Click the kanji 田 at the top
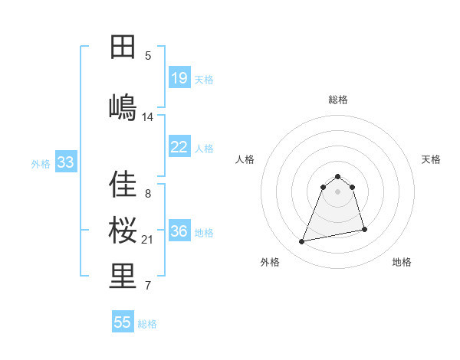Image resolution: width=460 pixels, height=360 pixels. (x=123, y=47)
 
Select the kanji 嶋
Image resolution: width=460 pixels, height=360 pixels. (x=123, y=106)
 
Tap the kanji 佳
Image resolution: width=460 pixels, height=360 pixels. (x=123, y=185)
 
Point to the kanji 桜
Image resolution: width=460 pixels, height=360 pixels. (x=123, y=230)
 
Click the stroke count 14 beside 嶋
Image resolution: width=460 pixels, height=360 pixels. (x=148, y=117)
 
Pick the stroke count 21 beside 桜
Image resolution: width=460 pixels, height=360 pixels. (x=148, y=240)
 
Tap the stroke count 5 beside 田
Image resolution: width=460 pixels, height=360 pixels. (x=148, y=55)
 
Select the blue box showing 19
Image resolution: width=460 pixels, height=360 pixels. (x=179, y=77)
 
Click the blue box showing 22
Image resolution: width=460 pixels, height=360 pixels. (x=179, y=147)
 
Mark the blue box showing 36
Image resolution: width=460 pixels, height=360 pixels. (x=179, y=231)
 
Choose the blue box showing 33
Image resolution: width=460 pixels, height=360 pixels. (x=66, y=162)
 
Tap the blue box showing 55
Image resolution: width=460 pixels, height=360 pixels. (x=123, y=322)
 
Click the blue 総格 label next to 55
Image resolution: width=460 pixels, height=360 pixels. (x=147, y=324)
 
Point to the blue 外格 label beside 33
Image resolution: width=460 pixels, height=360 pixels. (x=41, y=163)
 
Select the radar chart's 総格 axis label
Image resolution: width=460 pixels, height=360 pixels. (x=337, y=100)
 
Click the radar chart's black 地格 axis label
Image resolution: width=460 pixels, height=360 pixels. (x=402, y=262)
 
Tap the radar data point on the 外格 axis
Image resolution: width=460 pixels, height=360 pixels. (x=302, y=242)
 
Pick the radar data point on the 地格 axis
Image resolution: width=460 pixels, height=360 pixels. (x=364, y=229)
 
